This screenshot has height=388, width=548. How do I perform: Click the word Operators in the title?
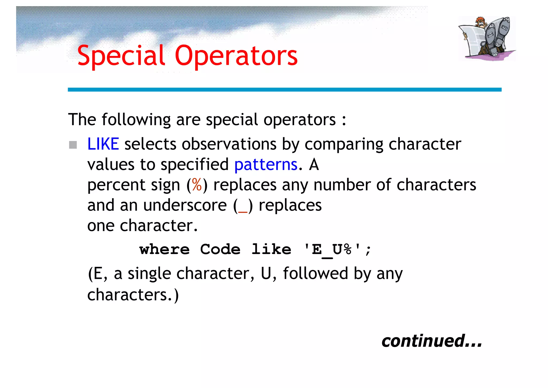pyautogui.click(x=236, y=56)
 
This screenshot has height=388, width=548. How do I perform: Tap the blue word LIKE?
pyautogui.click(x=103, y=144)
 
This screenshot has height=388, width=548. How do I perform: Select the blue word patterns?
pyautogui.click(x=266, y=165)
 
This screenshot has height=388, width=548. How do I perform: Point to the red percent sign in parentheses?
pyautogui.click(x=197, y=185)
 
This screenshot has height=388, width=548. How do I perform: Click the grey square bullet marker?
pyautogui.click(x=73, y=145)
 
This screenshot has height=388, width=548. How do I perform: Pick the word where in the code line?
pyautogui.click(x=164, y=249)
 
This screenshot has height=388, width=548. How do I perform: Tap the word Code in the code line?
pyautogui.click(x=220, y=249)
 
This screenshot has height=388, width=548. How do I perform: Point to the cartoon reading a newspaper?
pyautogui.click(x=487, y=38)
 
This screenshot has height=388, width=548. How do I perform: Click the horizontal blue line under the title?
pyautogui.click(x=284, y=90)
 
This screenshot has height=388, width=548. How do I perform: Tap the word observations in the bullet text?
pyautogui.click(x=229, y=144)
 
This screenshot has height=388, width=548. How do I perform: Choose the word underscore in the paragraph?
pyautogui.click(x=185, y=206)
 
